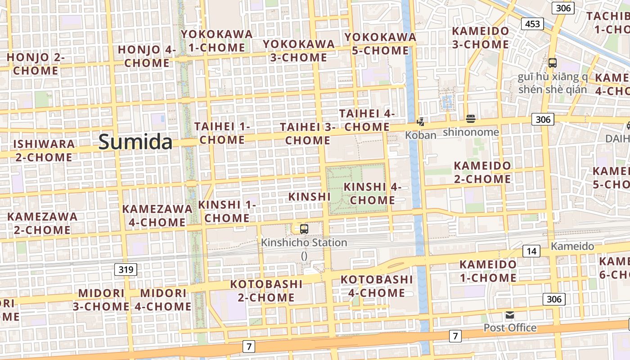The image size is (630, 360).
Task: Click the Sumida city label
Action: (135, 142)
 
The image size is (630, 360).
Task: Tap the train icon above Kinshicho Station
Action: (304, 229)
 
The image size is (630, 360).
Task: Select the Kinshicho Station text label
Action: (304, 243)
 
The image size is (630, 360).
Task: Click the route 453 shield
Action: (532, 24)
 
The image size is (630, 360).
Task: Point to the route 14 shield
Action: (531, 251)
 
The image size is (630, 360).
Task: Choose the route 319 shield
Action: (126, 270)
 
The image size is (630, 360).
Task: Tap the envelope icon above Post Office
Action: (510, 315)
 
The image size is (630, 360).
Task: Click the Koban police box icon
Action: (421, 121)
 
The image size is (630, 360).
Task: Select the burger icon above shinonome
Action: (471, 119)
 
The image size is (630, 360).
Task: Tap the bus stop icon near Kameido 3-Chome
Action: (553, 63)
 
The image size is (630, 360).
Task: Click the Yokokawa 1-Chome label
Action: (217, 41)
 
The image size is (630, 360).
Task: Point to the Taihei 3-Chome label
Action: (308, 134)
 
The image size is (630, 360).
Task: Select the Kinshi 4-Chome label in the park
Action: (372, 193)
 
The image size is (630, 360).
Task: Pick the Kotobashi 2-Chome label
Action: (266, 291)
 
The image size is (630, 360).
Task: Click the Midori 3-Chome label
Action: (101, 300)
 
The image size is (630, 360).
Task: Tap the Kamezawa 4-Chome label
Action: (157, 216)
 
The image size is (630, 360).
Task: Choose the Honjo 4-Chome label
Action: (147, 56)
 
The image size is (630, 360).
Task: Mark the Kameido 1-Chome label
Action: (488, 271)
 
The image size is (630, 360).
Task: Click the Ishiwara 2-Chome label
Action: (44, 151)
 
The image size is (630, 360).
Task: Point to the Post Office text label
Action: (510, 328)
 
